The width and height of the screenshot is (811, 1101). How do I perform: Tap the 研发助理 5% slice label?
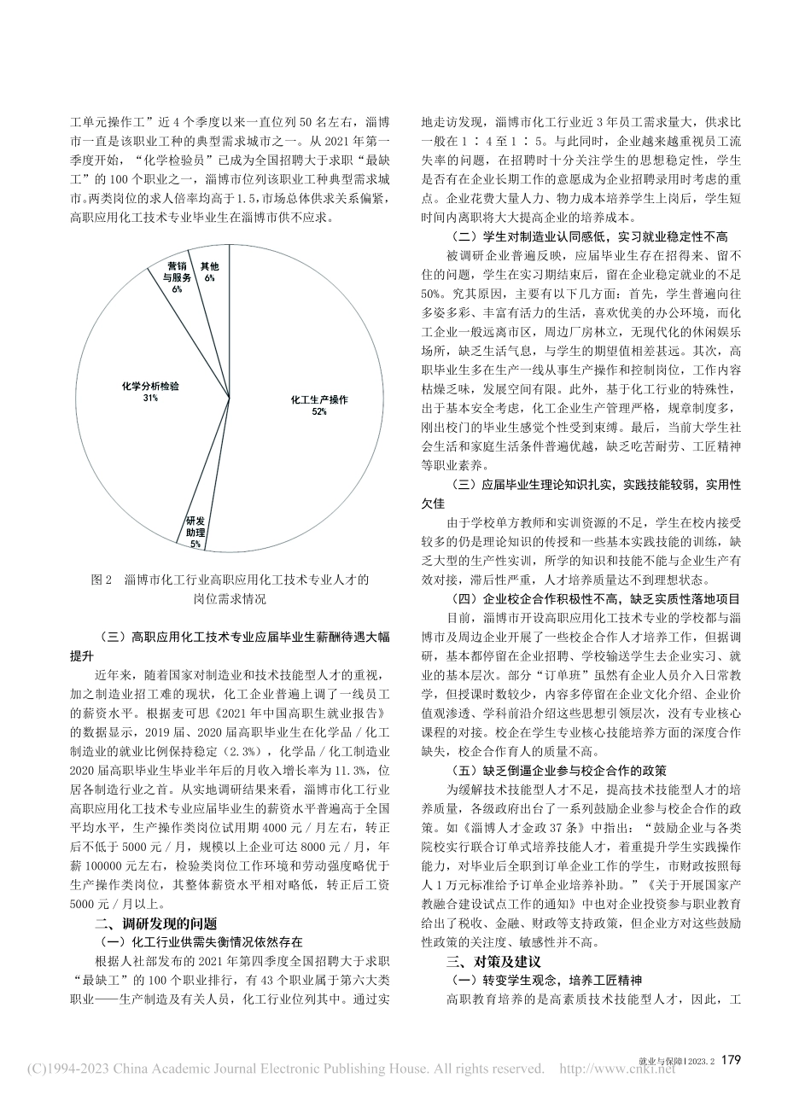[195, 531]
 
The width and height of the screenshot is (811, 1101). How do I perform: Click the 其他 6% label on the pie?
[209, 271]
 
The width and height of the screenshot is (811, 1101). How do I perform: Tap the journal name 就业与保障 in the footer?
[662, 1061]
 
